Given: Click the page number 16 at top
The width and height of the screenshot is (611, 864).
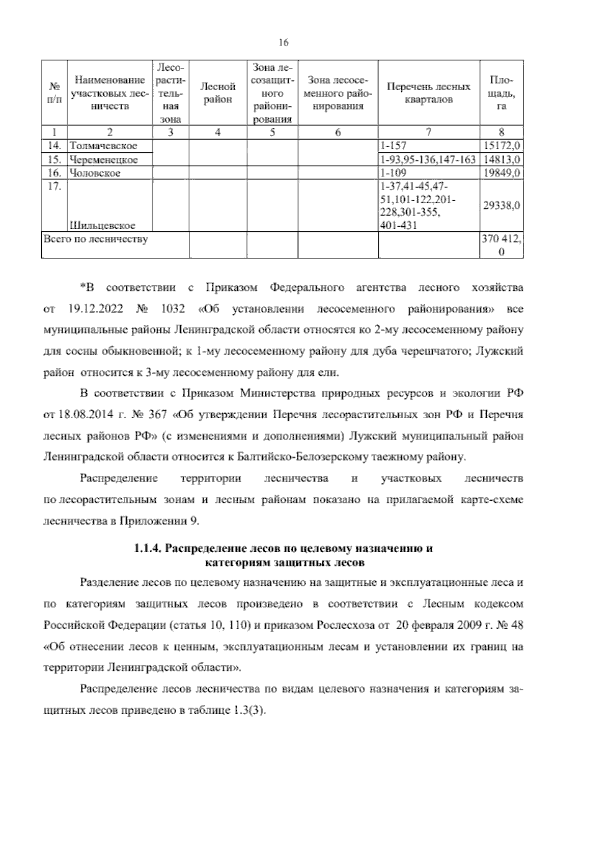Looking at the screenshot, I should tap(284, 43).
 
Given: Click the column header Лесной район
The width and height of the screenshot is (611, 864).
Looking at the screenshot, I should tap(218, 93).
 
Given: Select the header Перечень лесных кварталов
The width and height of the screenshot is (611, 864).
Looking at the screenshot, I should tap(429, 93).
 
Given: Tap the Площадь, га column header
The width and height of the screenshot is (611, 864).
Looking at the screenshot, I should tap(502, 93).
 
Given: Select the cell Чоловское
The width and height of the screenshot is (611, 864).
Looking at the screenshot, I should tap(95, 173).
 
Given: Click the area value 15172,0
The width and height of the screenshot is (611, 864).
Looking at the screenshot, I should tap(502, 146).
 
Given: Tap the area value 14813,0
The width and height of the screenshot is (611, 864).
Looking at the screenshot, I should tap(502, 160).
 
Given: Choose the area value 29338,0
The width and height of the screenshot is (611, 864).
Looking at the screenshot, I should tap(502, 206).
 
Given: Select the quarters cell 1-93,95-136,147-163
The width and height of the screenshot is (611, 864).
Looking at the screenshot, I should tap(428, 160).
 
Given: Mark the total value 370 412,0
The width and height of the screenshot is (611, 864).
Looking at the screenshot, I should tap(502, 245).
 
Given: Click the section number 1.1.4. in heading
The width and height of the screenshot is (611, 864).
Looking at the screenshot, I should tap(147, 549).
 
